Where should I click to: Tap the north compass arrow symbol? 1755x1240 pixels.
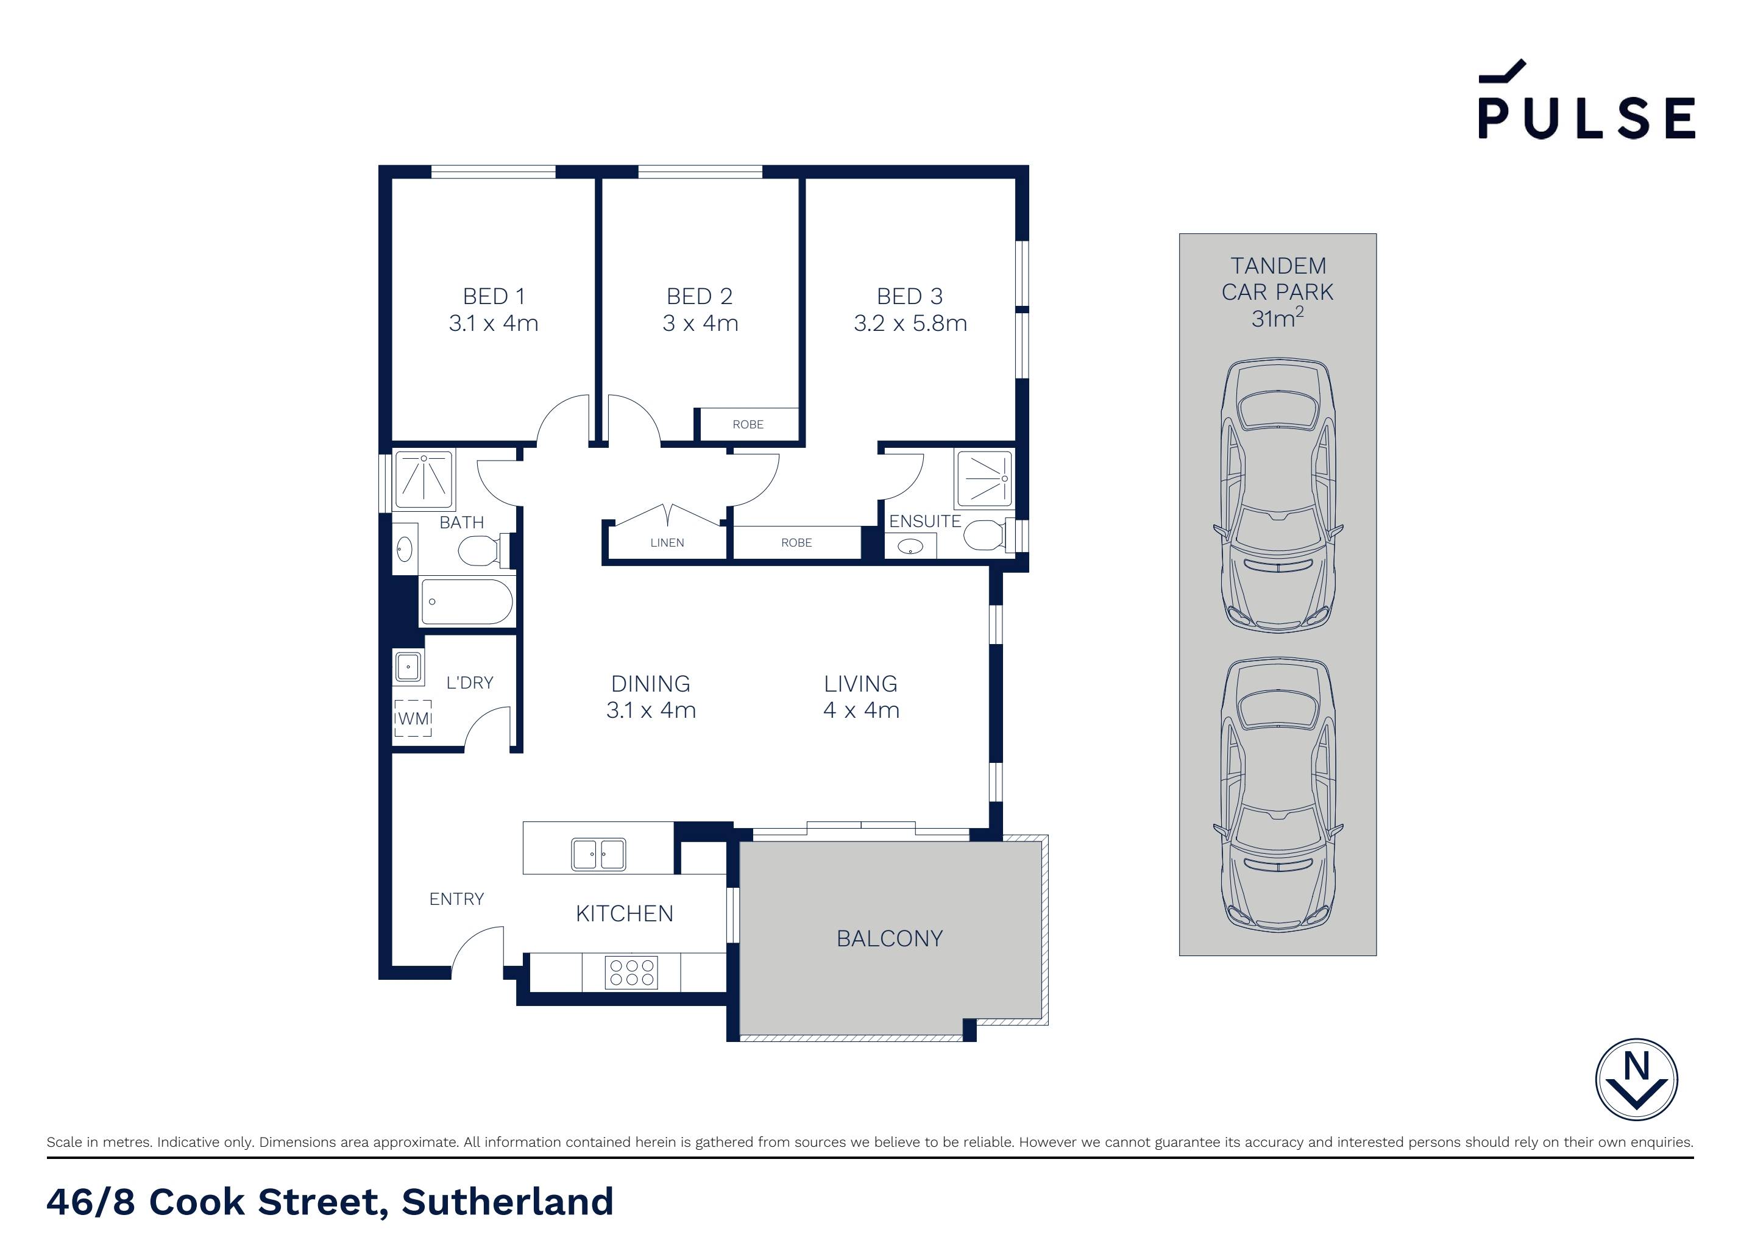[1637, 1080]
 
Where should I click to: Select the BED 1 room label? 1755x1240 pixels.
[494, 296]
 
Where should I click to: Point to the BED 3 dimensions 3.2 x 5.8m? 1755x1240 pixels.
[910, 324]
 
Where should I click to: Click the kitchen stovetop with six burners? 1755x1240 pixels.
[631, 973]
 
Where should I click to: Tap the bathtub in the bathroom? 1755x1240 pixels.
[466, 601]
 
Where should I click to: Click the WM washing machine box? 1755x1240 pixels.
[413, 718]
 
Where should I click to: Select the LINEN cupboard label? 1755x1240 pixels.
[667, 543]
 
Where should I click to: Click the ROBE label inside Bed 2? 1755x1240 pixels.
[748, 424]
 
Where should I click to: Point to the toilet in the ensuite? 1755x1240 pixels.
[986, 534]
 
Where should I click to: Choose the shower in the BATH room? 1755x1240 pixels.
[424, 480]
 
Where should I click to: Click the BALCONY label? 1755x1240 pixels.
[889, 939]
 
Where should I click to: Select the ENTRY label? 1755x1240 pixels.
[456, 899]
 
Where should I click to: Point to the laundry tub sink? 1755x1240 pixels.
[408, 667]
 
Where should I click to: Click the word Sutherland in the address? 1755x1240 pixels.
[508, 1202]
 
